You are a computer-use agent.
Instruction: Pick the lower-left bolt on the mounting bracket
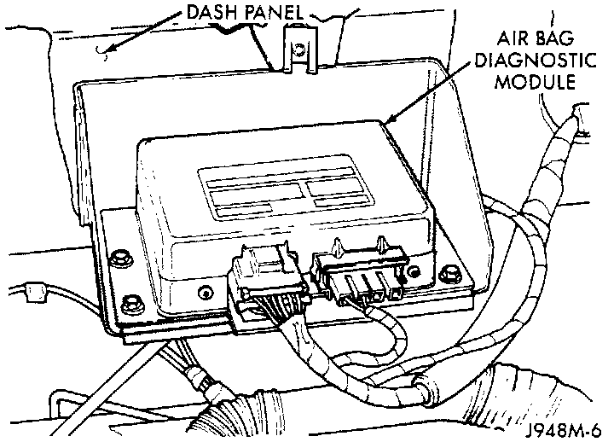(x=131, y=301)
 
